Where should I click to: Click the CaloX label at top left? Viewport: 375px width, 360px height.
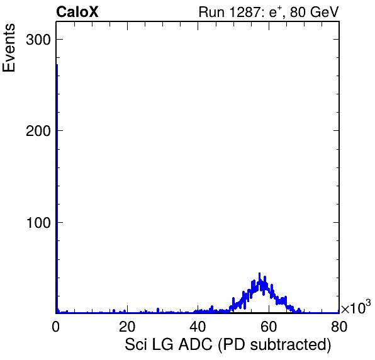coord(77,12)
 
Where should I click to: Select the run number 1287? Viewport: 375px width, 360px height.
coord(246,12)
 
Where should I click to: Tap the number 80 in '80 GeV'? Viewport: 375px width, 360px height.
coord(298,12)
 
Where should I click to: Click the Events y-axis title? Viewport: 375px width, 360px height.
coord(9,48)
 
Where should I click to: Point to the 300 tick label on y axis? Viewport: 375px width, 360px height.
coord(38,40)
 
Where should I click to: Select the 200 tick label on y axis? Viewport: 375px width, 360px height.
coord(38,131)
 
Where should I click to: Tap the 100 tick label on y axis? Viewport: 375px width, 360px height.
coord(39,223)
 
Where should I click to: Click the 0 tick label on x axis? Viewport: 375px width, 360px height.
coord(56,326)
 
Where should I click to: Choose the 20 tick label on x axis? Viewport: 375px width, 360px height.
coord(127,326)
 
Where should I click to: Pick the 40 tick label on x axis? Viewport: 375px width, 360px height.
coord(198,326)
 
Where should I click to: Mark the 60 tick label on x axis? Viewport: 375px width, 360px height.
coord(269,326)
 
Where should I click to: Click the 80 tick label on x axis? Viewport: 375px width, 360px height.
coord(339,326)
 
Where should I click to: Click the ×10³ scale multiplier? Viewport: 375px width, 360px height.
coord(356,307)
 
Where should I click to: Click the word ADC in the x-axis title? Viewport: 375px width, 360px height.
coord(196,344)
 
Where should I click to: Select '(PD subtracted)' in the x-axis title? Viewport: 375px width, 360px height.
coord(274,345)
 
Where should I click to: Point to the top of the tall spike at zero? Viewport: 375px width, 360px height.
coord(57,65)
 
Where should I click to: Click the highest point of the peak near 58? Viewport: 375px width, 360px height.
coord(259,273)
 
